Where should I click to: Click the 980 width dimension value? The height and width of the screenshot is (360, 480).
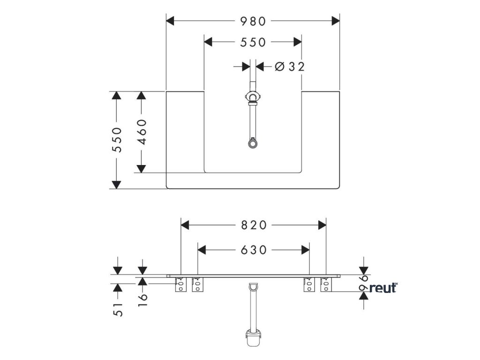[x=253, y=21]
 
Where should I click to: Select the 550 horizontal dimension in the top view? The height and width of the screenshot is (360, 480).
[x=253, y=42]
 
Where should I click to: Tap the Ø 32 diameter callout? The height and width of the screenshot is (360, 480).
[x=289, y=67]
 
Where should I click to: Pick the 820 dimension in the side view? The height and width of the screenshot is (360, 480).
[x=253, y=225]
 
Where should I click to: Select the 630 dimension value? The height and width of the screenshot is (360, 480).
[x=253, y=250]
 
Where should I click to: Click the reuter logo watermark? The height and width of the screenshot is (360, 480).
[x=383, y=288]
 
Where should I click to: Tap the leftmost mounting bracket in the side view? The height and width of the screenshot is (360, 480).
[x=180, y=285]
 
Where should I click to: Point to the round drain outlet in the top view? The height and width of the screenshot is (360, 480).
[x=253, y=142]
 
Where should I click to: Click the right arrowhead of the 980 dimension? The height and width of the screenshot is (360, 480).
[x=335, y=21]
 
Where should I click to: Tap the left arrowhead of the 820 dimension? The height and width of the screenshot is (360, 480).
[x=186, y=225]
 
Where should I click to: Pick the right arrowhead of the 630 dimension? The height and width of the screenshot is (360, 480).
[x=305, y=250]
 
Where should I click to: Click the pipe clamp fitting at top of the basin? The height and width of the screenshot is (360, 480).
[x=253, y=97]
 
